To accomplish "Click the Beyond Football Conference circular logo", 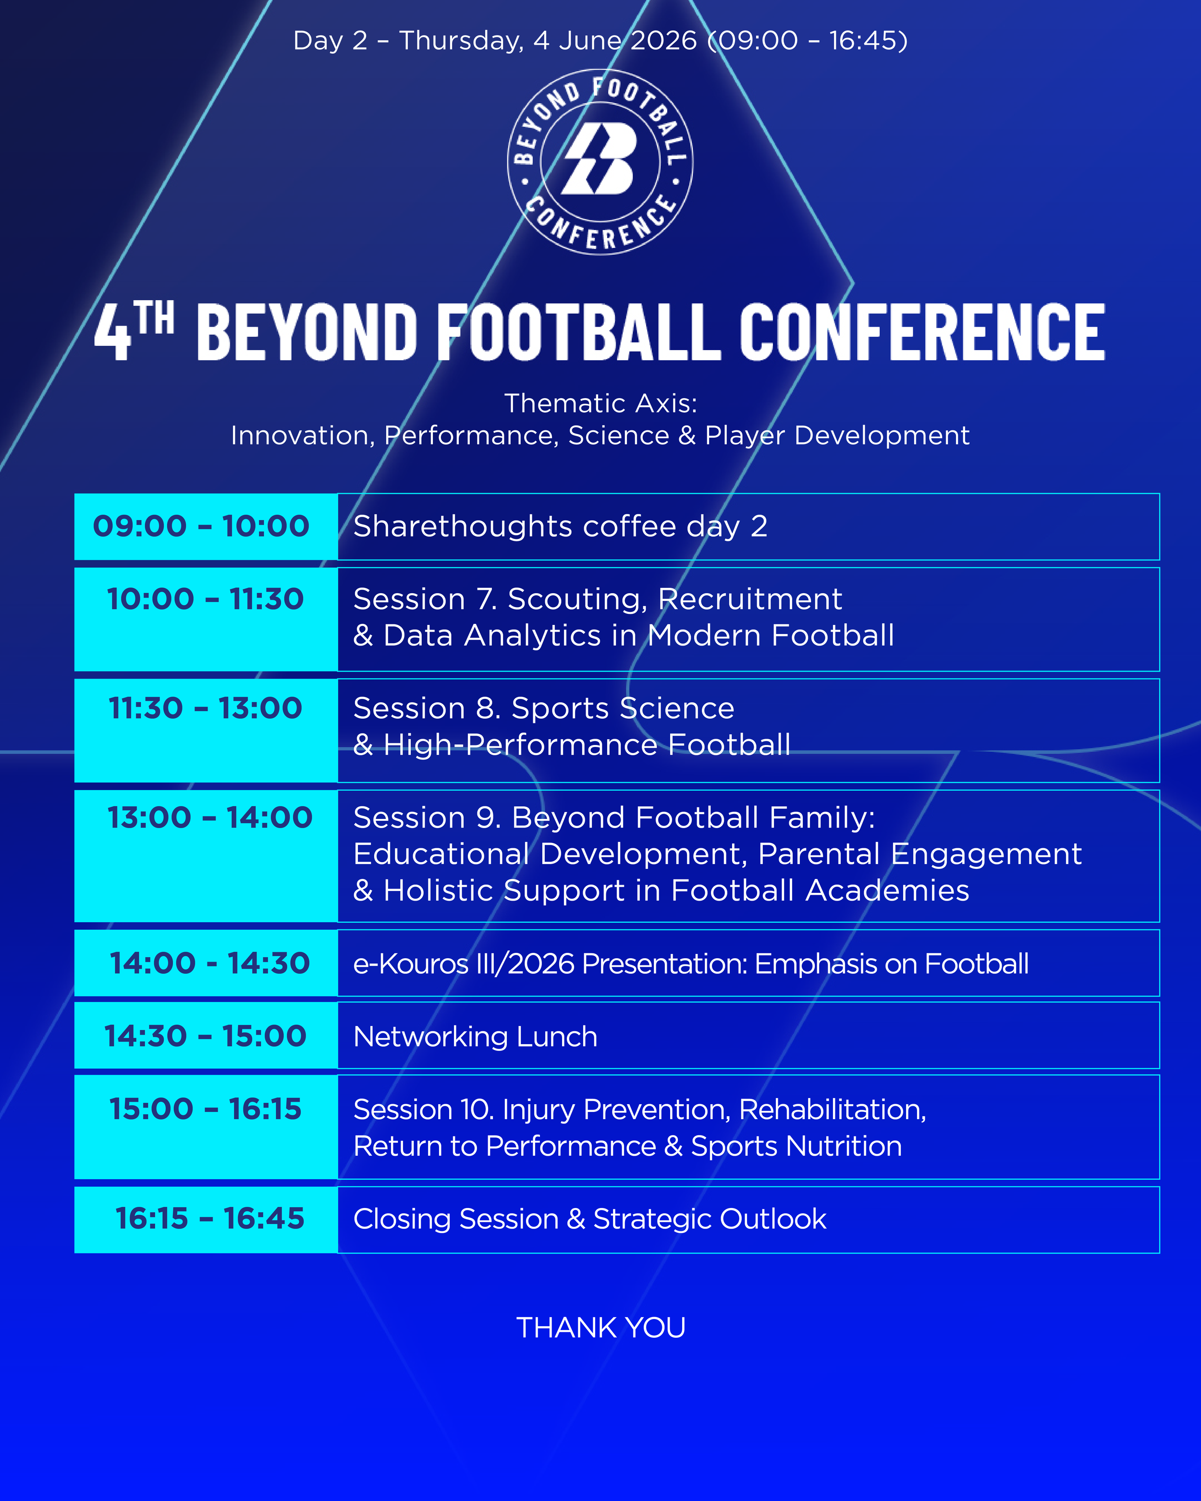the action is point(600,161).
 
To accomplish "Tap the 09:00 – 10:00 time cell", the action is point(206,526).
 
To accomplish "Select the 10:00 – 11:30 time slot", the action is point(206,619).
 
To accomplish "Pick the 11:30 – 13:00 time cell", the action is point(206,730).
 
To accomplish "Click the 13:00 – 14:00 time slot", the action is point(206,855).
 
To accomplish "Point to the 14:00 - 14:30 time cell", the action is point(206,963).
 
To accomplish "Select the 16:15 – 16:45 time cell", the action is point(206,1220).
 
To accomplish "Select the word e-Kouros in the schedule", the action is point(411,964).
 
